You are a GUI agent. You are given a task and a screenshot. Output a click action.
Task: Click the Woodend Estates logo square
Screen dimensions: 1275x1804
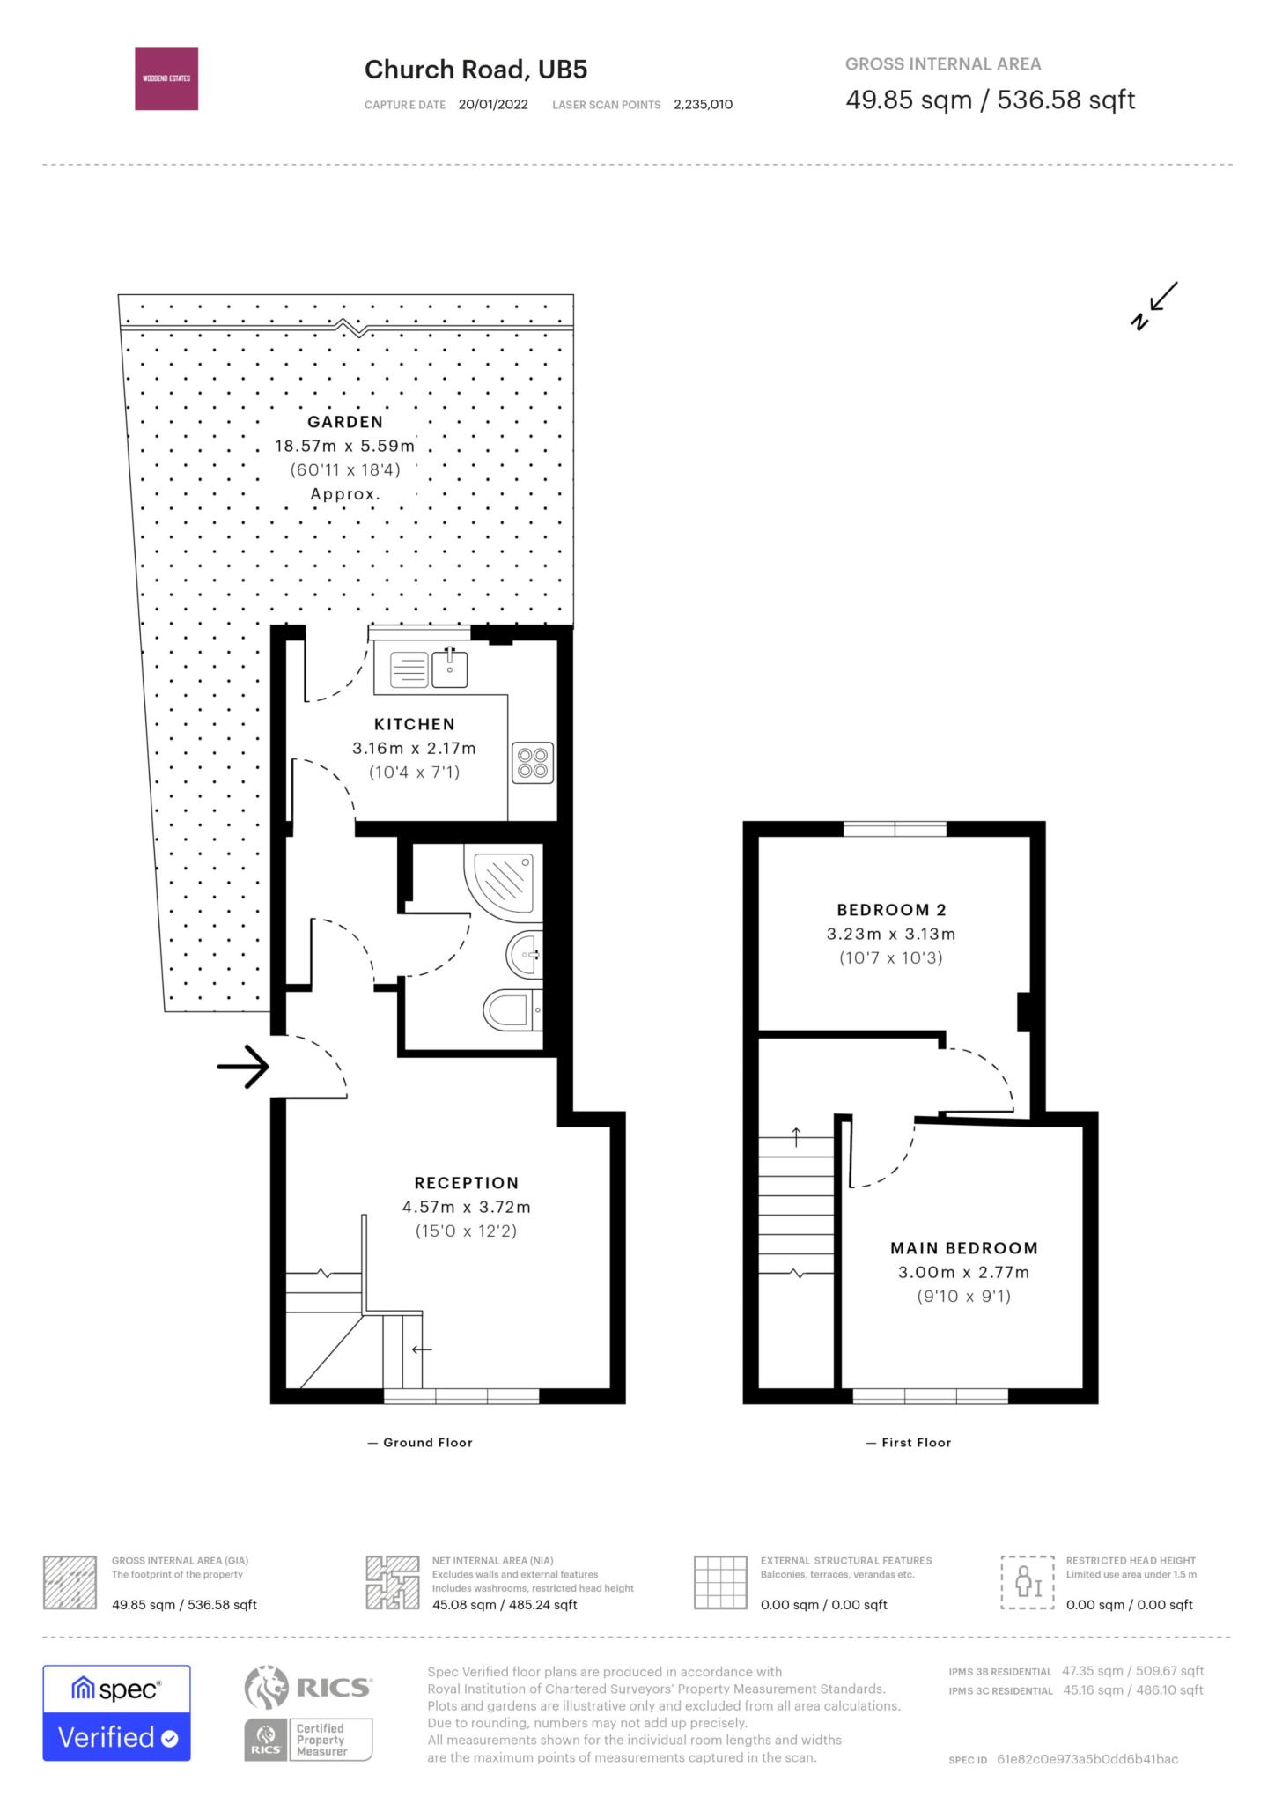tap(166, 78)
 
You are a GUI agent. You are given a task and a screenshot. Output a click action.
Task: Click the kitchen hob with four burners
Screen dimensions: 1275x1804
tap(533, 763)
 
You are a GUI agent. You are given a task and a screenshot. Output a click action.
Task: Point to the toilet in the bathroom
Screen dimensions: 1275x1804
tap(513, 1009)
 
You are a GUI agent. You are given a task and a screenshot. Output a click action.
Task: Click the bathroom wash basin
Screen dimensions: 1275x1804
tap(525, 953)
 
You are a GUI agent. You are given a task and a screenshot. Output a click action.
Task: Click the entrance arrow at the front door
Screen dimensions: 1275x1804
tap(243, 1067)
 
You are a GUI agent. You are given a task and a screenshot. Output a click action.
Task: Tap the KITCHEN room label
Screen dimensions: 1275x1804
tap(415, 724)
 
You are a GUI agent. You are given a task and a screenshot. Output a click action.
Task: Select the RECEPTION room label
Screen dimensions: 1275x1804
tap(467, 1183)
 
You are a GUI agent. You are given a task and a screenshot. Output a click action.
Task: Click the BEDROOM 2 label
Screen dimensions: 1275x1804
tap(891, 910)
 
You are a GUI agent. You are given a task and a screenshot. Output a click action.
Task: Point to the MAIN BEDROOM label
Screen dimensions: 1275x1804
tap(964, 1248)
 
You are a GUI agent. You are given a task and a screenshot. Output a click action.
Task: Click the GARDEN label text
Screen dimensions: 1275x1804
tap(345, 422)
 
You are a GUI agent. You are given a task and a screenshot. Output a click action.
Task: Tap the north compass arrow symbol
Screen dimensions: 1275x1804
tap(1154, 306)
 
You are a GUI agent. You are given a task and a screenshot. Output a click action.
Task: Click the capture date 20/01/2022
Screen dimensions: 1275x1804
tap(493, 105)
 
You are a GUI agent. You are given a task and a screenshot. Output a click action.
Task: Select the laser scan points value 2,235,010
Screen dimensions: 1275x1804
tap(703, 105)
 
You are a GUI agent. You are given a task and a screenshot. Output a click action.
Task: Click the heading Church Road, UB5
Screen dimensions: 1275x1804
tap(476, 70)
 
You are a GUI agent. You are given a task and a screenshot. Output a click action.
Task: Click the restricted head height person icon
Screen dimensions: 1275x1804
tap(1028, 1582)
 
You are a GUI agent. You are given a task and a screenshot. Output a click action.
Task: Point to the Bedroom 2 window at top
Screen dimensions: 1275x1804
tap(895, 828)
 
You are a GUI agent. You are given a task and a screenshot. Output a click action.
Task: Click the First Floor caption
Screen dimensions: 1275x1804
tap(909, 1443)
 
